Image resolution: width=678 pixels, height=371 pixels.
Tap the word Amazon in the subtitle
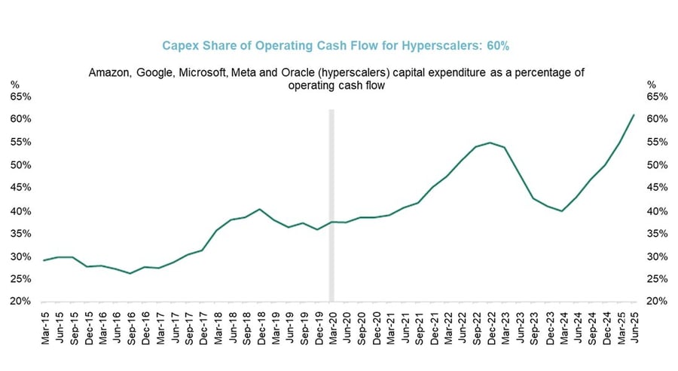coord(109,72)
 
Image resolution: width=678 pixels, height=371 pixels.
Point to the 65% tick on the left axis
coord(20,97)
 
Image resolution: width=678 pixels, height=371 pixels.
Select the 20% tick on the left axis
coord(20,302)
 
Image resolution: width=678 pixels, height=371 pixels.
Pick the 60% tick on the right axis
coord(658,119)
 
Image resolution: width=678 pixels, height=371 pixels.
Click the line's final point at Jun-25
coord(634,115)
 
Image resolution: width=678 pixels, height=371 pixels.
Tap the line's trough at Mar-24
coord(562,211)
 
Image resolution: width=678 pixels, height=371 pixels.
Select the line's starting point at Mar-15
coord(44,260)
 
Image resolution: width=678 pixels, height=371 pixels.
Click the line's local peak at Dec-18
coord(260,209)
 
